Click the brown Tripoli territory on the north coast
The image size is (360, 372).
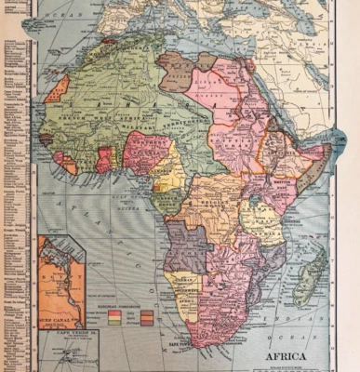175,69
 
